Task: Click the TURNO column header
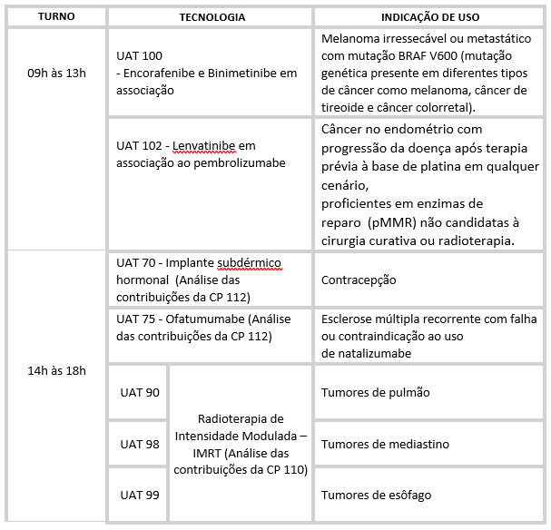(x=55, y=16)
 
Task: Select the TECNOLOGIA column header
(x=211, y=16)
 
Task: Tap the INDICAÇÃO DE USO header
(x=431, y=16)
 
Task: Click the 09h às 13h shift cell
(x=55, y=73)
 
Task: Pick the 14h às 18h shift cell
(x=55, y=370)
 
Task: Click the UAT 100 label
(x=140, y=56)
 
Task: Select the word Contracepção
(x=359, y=280)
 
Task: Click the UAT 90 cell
(x=140, y=392)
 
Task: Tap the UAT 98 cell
(x=140, y=444)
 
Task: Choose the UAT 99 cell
(x=140, y=494)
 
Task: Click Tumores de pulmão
(x=376, y=392)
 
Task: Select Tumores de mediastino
(x=386, y=444)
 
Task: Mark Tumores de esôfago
(x=377, y=495)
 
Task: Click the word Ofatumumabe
(x=209, y=319)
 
